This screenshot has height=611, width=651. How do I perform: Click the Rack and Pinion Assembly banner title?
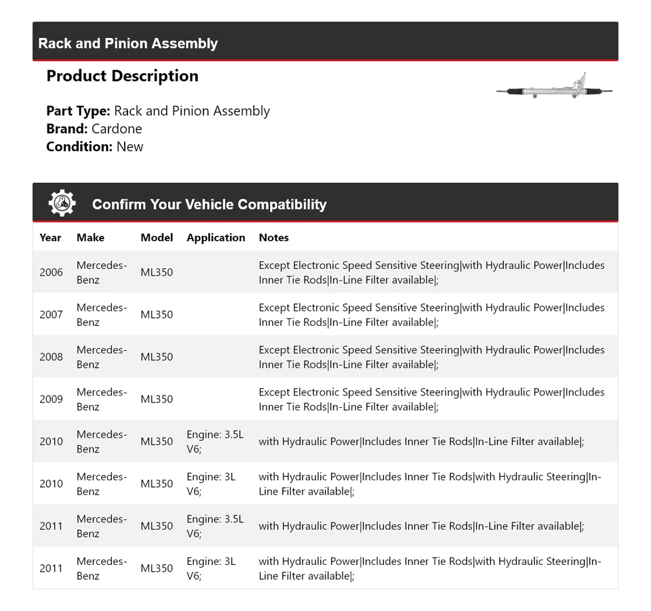click(x=128, y=43)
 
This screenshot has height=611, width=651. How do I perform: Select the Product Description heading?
click(x=122, y=76)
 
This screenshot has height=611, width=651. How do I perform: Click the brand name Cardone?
click(x=117, y=129)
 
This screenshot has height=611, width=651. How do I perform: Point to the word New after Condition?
click(x=130, y=146)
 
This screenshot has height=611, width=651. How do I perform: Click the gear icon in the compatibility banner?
click(x=62, y=203)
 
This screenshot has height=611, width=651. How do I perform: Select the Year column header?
click(x=50, y=238)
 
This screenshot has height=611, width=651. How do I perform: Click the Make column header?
click(x=90, y=238)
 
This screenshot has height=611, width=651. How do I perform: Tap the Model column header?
click(x=157, y=238)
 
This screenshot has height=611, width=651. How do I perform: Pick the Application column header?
click(x=216, y=238)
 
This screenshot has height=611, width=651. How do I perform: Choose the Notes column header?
click(x=273, y=238)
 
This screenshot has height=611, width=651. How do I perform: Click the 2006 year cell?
click(x=51, y=272)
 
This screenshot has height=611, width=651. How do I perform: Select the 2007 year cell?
click(x=51, y=314)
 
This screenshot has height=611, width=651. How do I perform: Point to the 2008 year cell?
click(x=51, y=357)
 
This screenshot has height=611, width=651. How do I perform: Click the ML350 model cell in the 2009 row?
click(x=157, y=399)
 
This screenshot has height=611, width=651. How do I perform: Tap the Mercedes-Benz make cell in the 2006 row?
click(x=101, y=272)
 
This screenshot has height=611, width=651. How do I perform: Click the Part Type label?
click(x=78, y=111)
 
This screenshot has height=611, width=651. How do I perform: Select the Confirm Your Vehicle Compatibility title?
click(x=209, y=205)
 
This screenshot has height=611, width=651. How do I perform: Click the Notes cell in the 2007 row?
click(x=431, y=314)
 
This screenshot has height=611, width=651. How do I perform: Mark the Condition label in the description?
click(x=79, y=146)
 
